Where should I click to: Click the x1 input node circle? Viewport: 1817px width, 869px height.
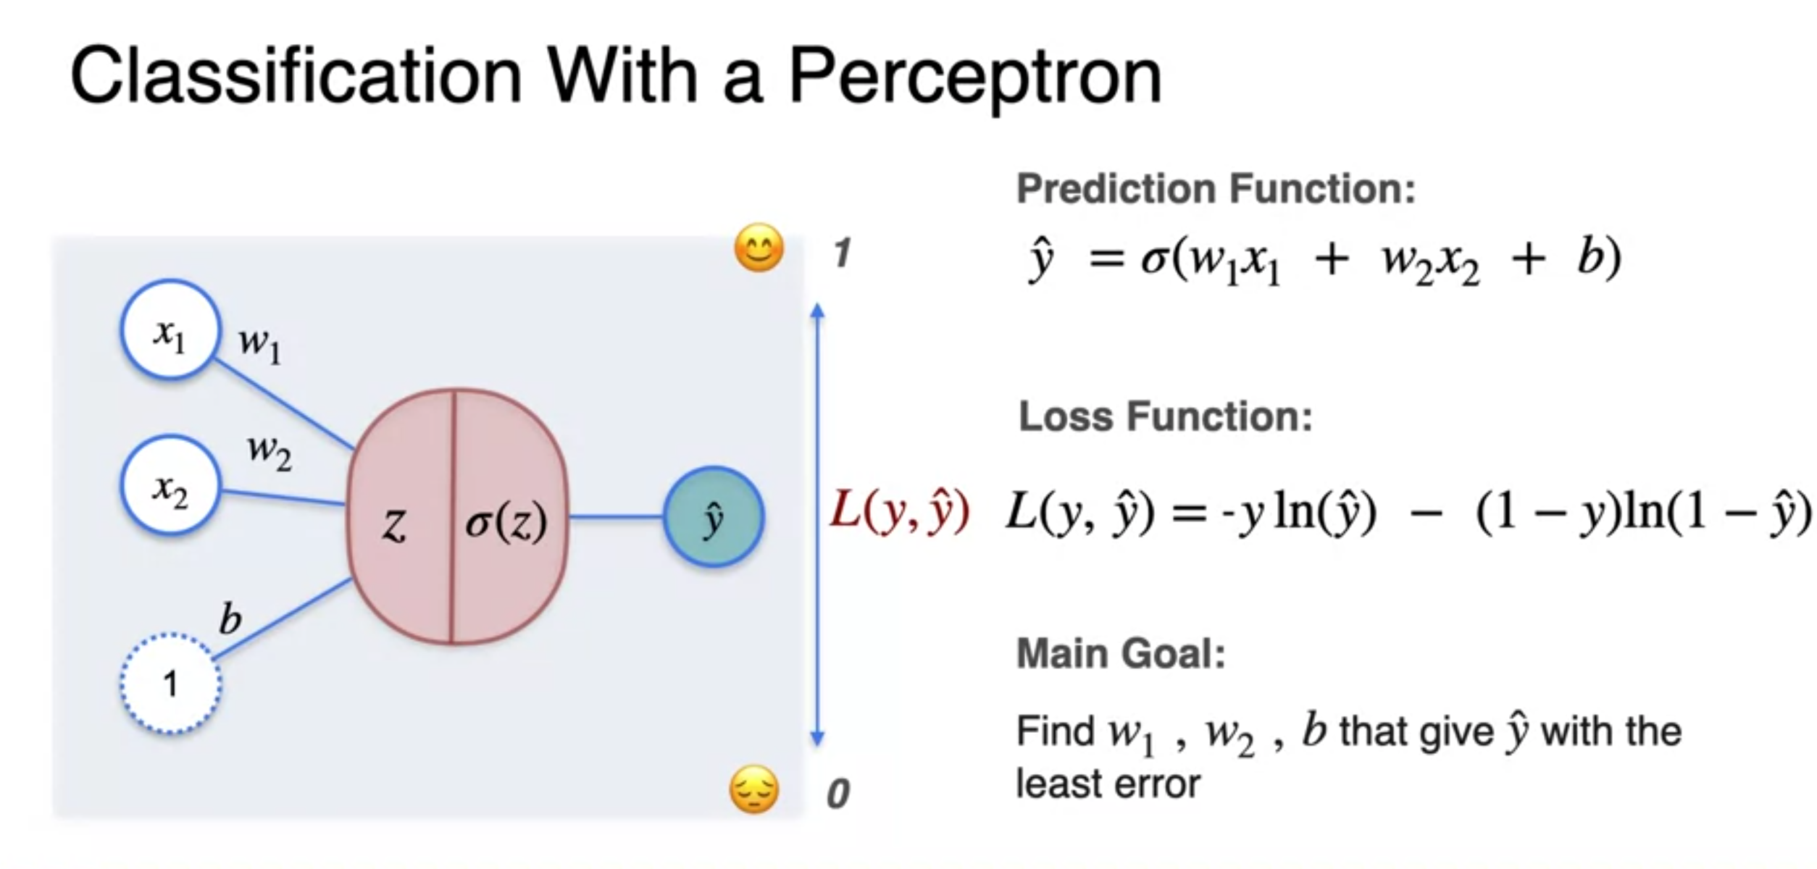click(170, 330)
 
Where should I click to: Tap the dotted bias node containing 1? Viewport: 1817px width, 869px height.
click(170, 684)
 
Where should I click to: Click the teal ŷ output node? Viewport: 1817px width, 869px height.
click(714, 517)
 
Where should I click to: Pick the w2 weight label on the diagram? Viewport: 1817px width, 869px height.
click(270, 453)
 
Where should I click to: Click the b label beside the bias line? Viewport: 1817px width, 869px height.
click(230, 620)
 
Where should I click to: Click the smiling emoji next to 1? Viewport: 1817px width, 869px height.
click(759, 248)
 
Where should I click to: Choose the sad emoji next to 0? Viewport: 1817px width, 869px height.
click(754, 789)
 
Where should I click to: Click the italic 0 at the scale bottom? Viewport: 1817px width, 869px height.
click(838, 794)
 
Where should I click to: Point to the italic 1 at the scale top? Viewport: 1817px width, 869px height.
click(841, 253)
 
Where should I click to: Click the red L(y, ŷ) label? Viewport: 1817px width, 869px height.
click(899, 511)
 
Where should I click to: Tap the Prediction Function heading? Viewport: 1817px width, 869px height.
click(1216, 189)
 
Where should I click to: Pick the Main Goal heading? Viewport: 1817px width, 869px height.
click(1121, 653)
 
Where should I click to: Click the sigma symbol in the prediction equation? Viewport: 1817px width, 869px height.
click(1153, 259)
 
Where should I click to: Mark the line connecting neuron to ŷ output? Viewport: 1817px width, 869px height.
click(617, 516)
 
